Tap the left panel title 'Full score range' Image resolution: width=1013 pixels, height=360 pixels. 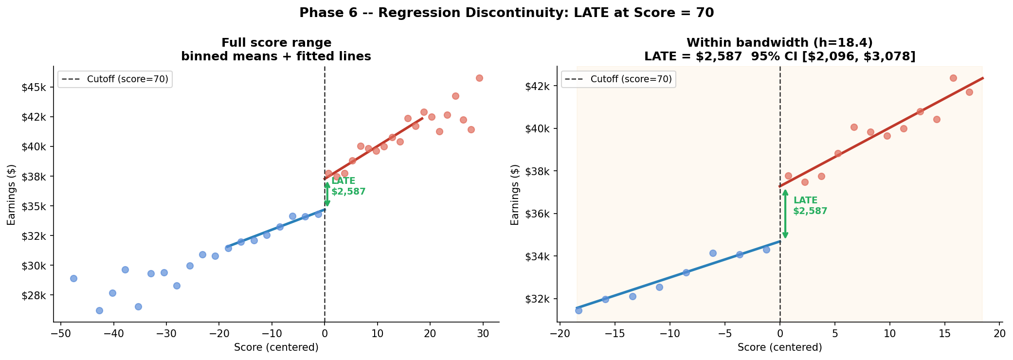276,43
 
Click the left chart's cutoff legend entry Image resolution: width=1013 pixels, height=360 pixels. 115,79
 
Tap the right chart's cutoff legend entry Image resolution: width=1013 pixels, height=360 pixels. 618,79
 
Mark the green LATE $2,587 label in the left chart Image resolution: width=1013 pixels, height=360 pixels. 348,186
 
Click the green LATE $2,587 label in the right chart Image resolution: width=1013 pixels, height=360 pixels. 810,206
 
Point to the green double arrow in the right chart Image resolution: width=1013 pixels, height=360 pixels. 785,214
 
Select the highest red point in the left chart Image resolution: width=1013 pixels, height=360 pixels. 479,78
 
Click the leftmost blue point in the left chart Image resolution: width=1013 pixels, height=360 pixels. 73,278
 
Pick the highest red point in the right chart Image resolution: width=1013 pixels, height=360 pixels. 953,78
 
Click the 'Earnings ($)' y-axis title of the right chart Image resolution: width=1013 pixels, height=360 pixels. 515,194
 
